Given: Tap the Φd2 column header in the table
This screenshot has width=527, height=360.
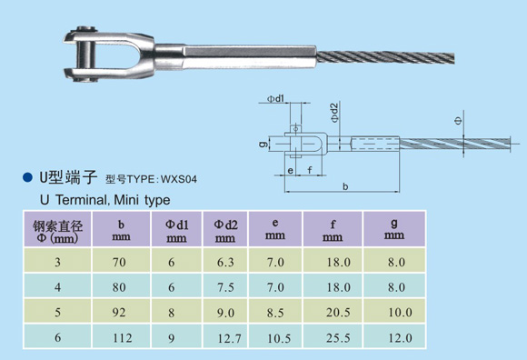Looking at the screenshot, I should (226, 230).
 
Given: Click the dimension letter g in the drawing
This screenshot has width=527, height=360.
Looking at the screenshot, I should (261, 143).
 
